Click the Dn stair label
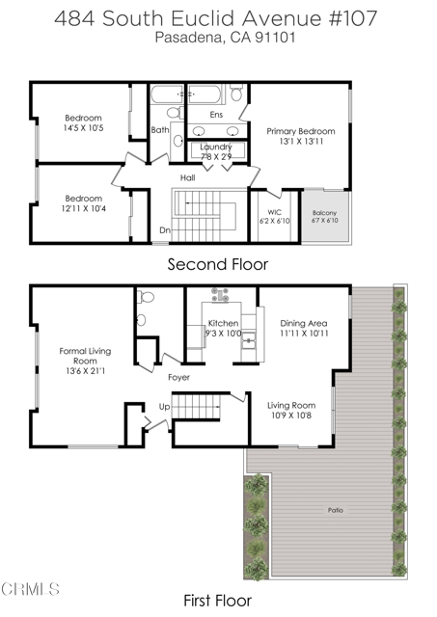click(x=165, y=230)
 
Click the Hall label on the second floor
click(x=190, y=177)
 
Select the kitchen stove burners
click(x=219, y=297)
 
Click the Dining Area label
click(x=304, y=329)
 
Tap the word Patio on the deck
click(x=335, y=510)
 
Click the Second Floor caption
click(x=218, y=263)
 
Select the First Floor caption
click(x=218, y=600)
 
